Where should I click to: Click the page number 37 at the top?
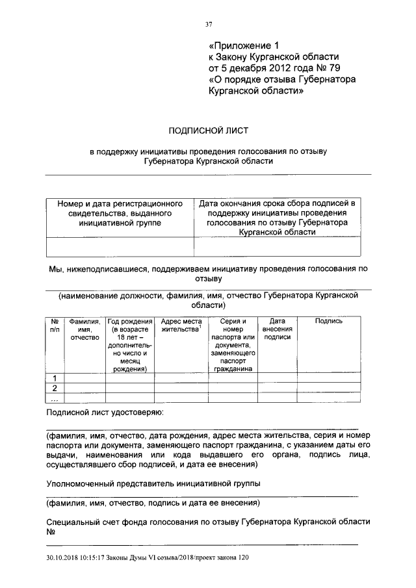(x=209, y=25)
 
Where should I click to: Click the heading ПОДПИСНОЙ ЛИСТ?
(x=208, y=130)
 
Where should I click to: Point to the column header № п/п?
(x=55, y=325)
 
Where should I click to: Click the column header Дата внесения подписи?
(x=278, y=329)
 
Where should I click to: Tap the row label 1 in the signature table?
(x=55, y=378)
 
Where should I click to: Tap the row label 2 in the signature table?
(x=55, y=389)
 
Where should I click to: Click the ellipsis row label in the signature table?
(x=55, y=398)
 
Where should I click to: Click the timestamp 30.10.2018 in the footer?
(x=63, y=557)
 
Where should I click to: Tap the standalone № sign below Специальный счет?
(x=51, y=531)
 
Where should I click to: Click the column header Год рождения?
(x=130, y=344)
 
